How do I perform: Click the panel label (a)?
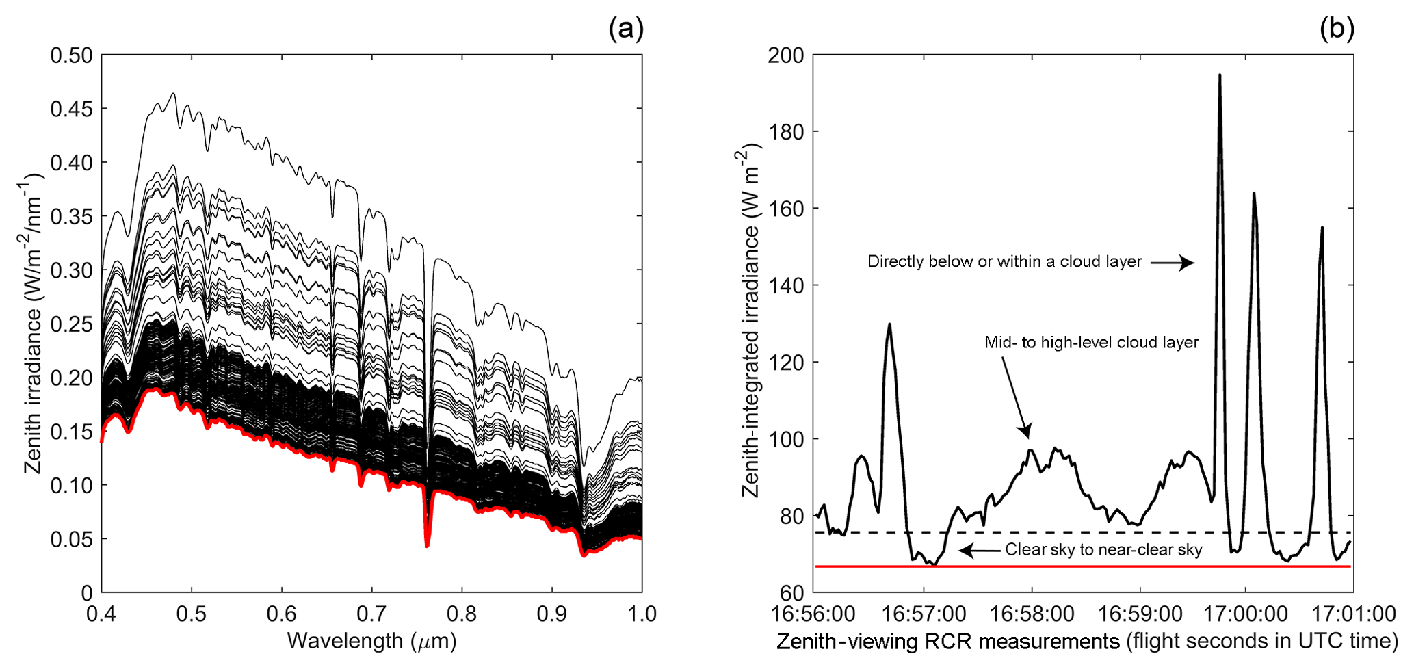pos(626,29)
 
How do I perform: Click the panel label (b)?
pos(1337,29)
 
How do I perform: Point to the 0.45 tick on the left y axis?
pos(71,109)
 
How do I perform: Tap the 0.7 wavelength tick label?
pos(371,614)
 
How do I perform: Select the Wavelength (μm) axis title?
pos(371,641)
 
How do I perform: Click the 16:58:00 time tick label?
pos(1032,614)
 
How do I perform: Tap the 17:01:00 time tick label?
pos(1353,614)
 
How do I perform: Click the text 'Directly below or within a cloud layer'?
pos(1004,261)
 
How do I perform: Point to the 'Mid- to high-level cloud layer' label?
pos(1091,342)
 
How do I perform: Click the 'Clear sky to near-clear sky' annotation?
pos(1103,550)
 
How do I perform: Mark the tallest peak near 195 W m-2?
pos(1219,75)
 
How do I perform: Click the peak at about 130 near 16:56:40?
pos(889,324)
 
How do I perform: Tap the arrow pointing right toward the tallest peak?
pos(1172,262)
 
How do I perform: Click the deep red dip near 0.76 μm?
pos(427,545)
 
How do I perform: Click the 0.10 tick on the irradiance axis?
pos(71,485)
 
